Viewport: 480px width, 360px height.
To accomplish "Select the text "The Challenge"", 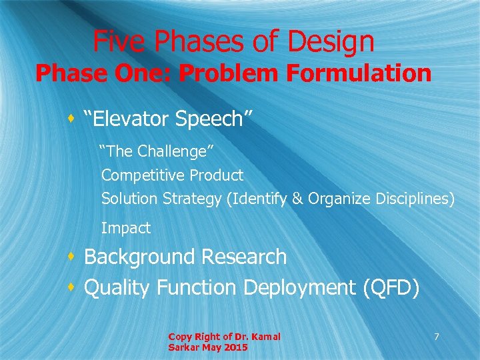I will point(157,151).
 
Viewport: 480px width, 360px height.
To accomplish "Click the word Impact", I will point(126,228).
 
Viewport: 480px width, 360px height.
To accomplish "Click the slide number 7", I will point(437,337).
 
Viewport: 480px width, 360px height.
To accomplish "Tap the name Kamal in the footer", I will point(265,337).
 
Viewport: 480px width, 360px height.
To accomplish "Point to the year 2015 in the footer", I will point(237,347).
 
